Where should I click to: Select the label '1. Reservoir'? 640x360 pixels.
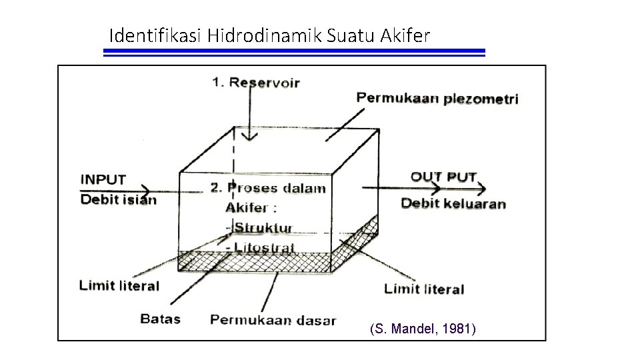[x=256, y=83]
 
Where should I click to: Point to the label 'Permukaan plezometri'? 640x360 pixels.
[x=437, y=98]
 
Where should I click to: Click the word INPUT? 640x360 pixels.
[x=103, y=179]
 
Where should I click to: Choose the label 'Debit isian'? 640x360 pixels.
[x=118, y=199]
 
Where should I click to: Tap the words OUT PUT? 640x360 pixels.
[x=443, y=177]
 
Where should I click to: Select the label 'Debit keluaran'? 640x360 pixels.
[x=453, y=203]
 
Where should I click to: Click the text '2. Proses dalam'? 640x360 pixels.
[x=268, y=187]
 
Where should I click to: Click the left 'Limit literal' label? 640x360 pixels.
[x=119, y=286]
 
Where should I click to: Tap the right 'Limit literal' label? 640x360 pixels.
[x=424, y=289]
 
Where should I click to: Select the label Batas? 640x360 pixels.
[x=160, y=319]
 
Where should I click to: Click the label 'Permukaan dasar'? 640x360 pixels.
[x=273, y=320]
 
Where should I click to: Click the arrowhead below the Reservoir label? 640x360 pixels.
[x=249, y=137]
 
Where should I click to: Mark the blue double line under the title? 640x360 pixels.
[x=294, y=53]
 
